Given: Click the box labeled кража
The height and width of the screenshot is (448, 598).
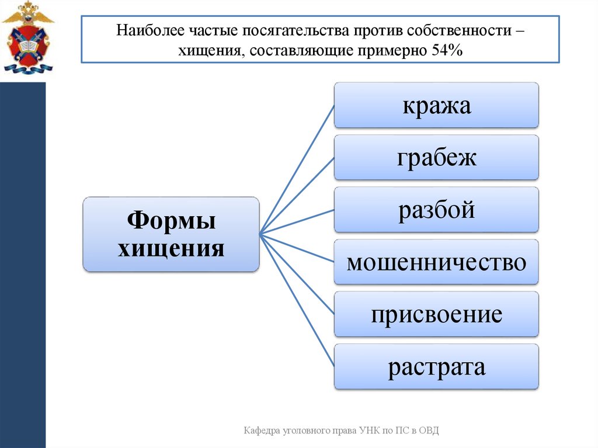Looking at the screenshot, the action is [436, 105].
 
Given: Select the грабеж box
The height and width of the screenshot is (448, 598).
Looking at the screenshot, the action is [436, 157].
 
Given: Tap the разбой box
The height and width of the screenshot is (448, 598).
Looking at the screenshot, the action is [436, 209].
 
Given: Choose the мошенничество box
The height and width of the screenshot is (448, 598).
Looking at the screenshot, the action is [436, 262].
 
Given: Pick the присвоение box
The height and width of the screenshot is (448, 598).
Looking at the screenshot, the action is [436, 314].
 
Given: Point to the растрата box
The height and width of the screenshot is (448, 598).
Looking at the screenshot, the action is [436, 367].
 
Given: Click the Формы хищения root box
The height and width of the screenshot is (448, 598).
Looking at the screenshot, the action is [171, 234].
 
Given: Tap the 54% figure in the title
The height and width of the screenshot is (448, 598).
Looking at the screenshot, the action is [447, 51].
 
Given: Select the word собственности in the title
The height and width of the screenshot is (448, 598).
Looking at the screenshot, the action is [461, 29].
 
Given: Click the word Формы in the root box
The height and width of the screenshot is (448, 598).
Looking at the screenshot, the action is [171, 222].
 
